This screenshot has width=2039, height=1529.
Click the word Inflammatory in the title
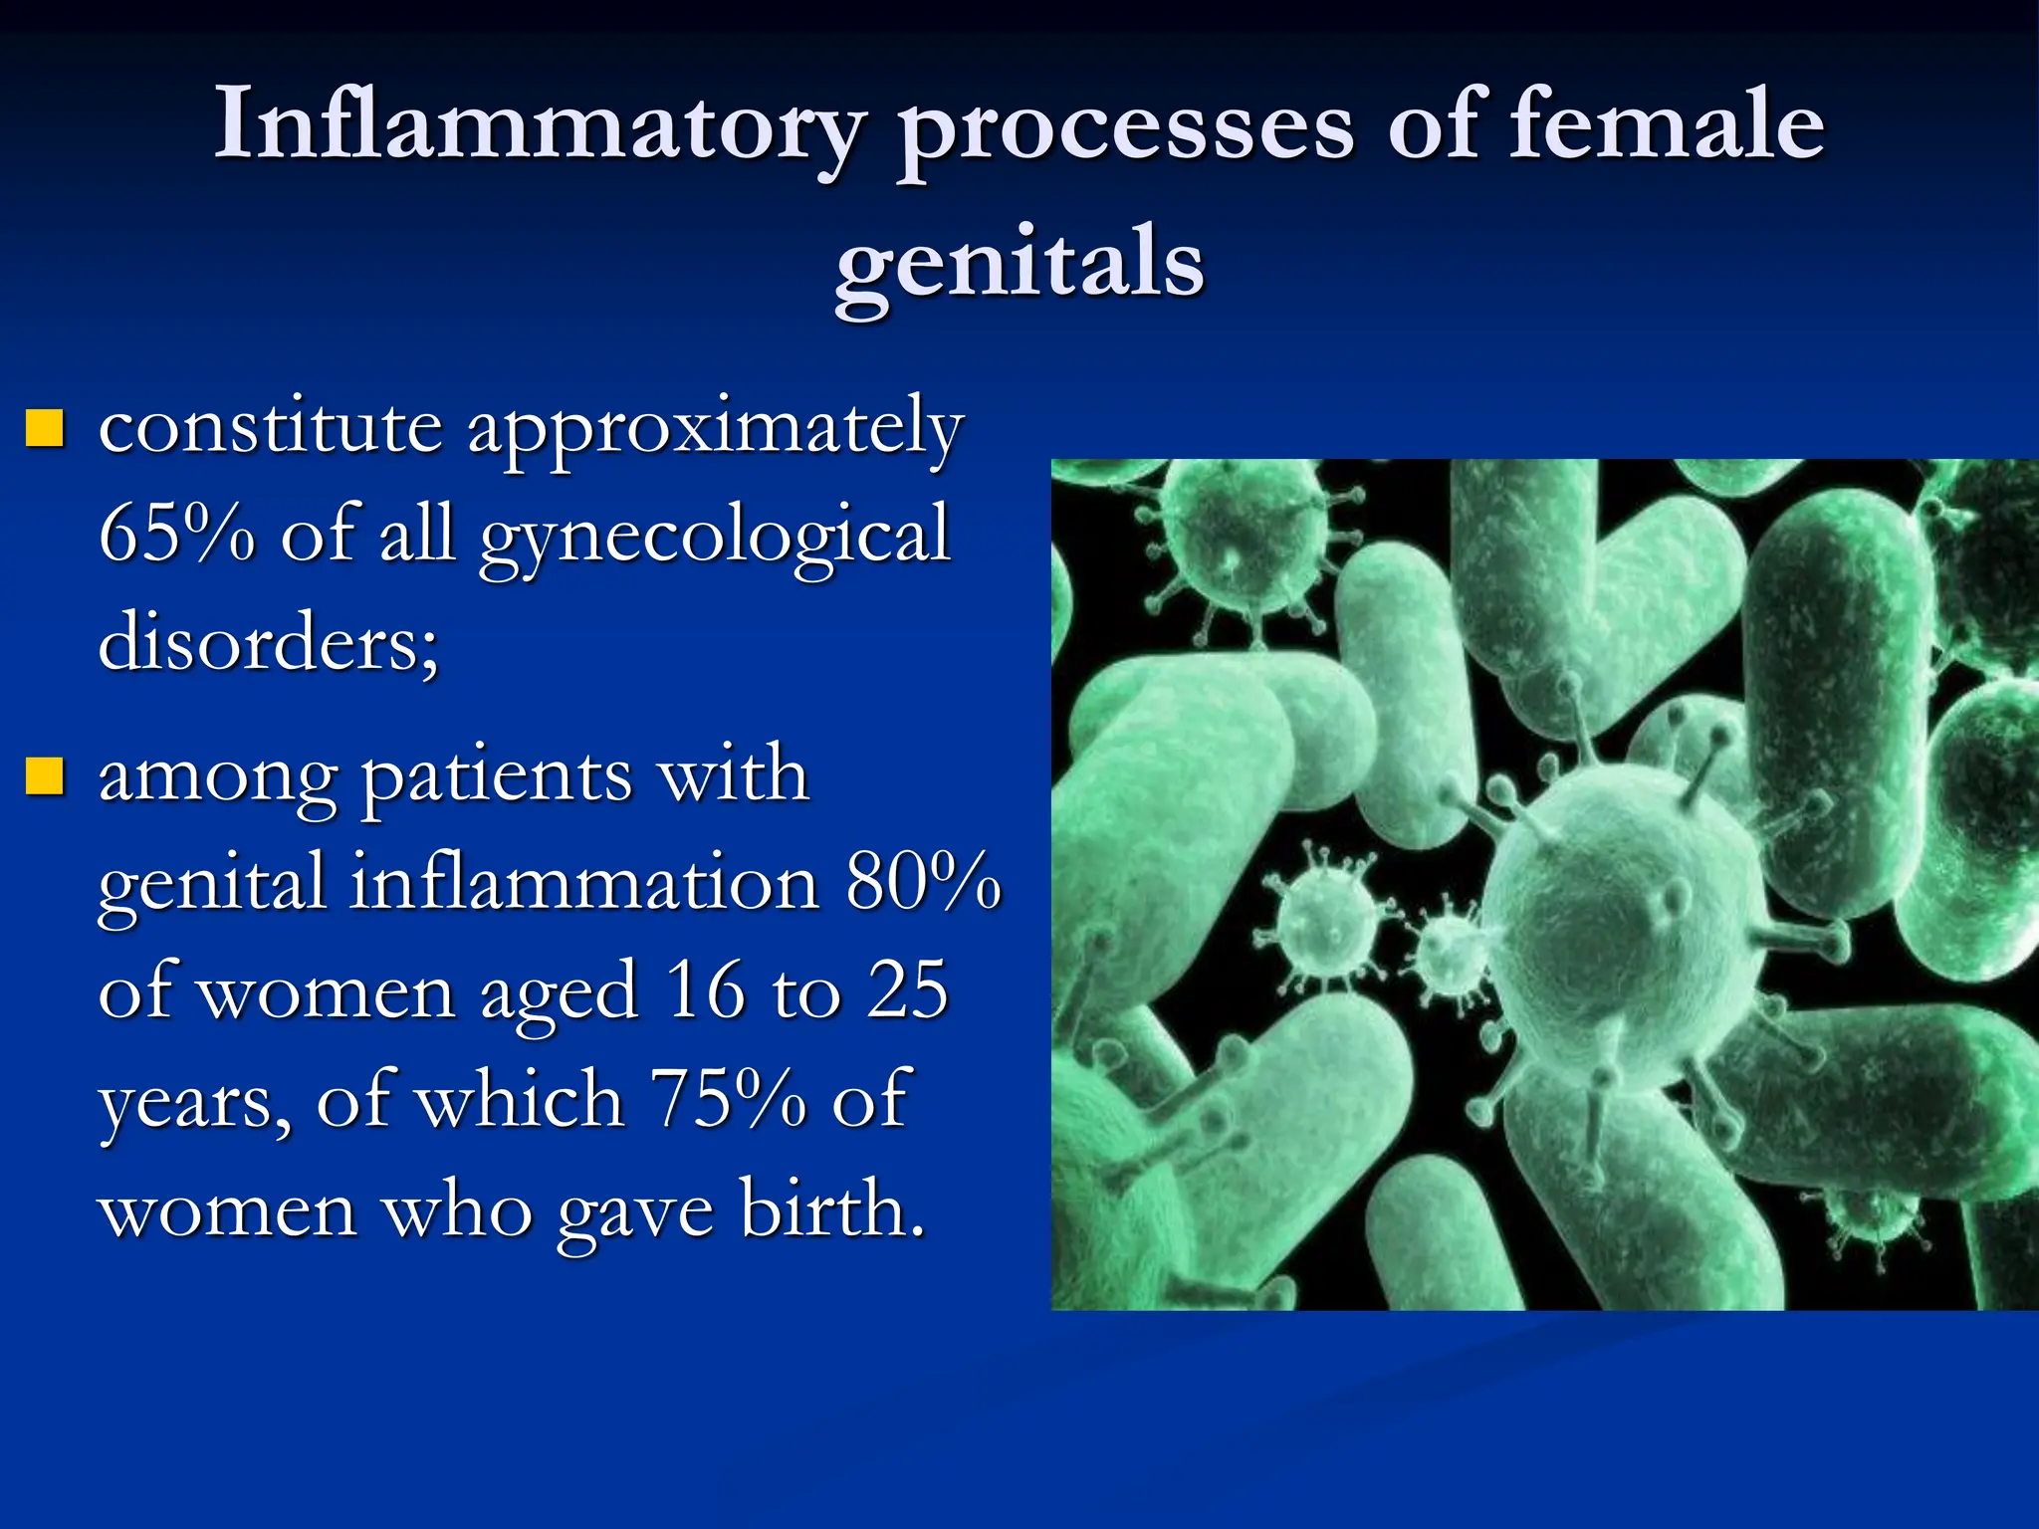click(x=539, y=126)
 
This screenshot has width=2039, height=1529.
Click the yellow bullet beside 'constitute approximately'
click(x=45, y=428)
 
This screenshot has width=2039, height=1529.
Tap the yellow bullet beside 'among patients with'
click(x=45, y=776)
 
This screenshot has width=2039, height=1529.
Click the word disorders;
click(x=268, y=642)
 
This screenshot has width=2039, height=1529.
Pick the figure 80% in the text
click(x=922, y=882)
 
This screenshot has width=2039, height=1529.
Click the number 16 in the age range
click(x=705, y=990)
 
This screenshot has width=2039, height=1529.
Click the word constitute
click(x=270, y=426)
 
